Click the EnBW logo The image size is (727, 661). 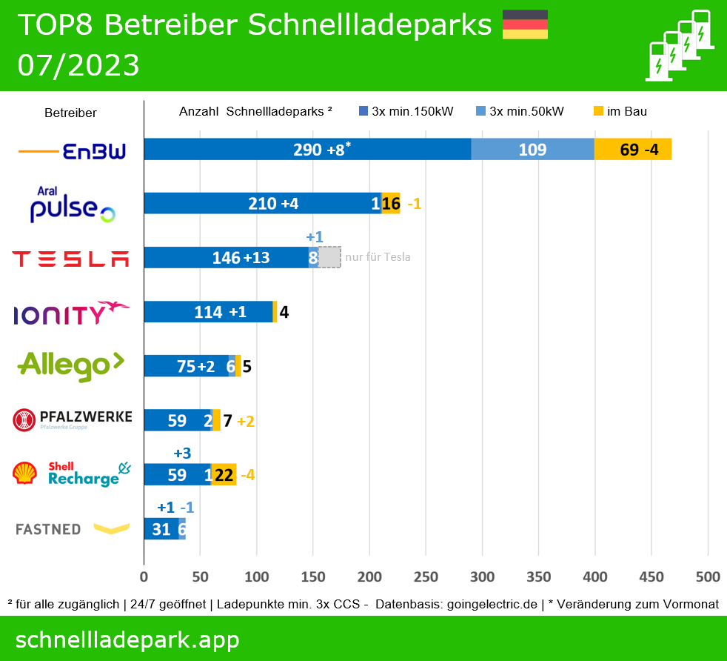[x=73, y=152]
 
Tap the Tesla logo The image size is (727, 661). [x=71, y=259]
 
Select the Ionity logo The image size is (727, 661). [x=72, y=313]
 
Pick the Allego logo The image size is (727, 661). [x=71, y=365]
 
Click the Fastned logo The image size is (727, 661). [x=72, y=528]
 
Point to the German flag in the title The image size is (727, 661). [x=525, y=24]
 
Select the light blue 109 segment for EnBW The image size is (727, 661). [x=532, y=150]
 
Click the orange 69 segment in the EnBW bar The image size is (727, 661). [x=633, y=150]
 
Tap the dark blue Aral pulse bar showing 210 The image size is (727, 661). [x=261, y=204]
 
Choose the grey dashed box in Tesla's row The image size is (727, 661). [x=329, y=257]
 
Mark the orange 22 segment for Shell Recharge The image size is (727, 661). [x=224, y=475]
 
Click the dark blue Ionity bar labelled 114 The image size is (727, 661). [x=208, y=312]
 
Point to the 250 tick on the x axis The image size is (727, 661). [x=426, y=577]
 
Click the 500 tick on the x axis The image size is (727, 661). [x=708, y=577]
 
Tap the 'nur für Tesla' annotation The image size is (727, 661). [x=378, y=257]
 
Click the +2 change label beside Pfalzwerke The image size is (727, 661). [x=246, y=421]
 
